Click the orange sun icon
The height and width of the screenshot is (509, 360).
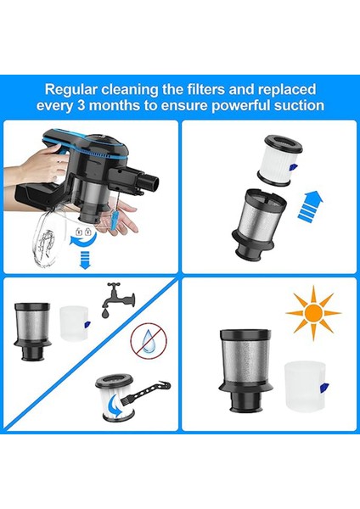[x=312, y=313]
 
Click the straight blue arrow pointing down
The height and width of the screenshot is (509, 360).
[x=84, y=265]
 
